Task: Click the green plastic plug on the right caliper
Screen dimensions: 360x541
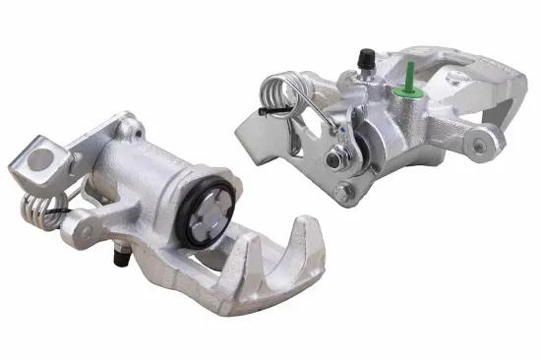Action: pos(404,87)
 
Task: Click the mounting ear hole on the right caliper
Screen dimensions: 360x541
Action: pos(484,146)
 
